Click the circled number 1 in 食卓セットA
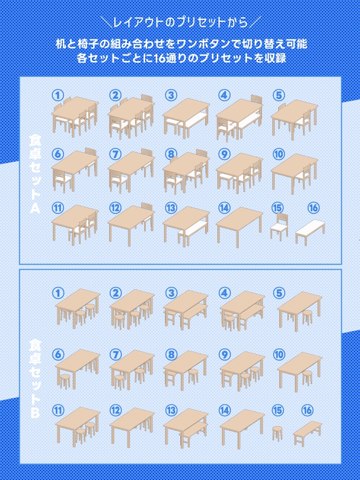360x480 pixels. (x=57, y=95)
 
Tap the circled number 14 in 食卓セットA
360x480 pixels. (x=224, y=208)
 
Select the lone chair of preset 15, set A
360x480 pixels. (x=279, y=227)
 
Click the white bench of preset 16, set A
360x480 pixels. (x=310, y=232)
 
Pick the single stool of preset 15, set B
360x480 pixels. (x=277, y=433)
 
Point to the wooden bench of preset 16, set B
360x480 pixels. (x=308, y=432)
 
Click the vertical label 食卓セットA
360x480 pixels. (x=35, y=174)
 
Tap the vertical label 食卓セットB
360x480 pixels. (x=35, y=379)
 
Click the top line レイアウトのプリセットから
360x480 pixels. (x=180, y=23)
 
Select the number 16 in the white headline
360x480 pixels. (x=159, y=58)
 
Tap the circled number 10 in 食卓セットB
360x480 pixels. (x=279, y=355)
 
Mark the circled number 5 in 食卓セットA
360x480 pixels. (x=279, y=95)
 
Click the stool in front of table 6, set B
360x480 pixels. (x=65, y=381)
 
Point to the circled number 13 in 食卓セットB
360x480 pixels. (x=171, y=410)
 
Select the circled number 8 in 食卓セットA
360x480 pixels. (x=171, y=154)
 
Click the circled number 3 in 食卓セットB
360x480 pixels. (x=171, y=293)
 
